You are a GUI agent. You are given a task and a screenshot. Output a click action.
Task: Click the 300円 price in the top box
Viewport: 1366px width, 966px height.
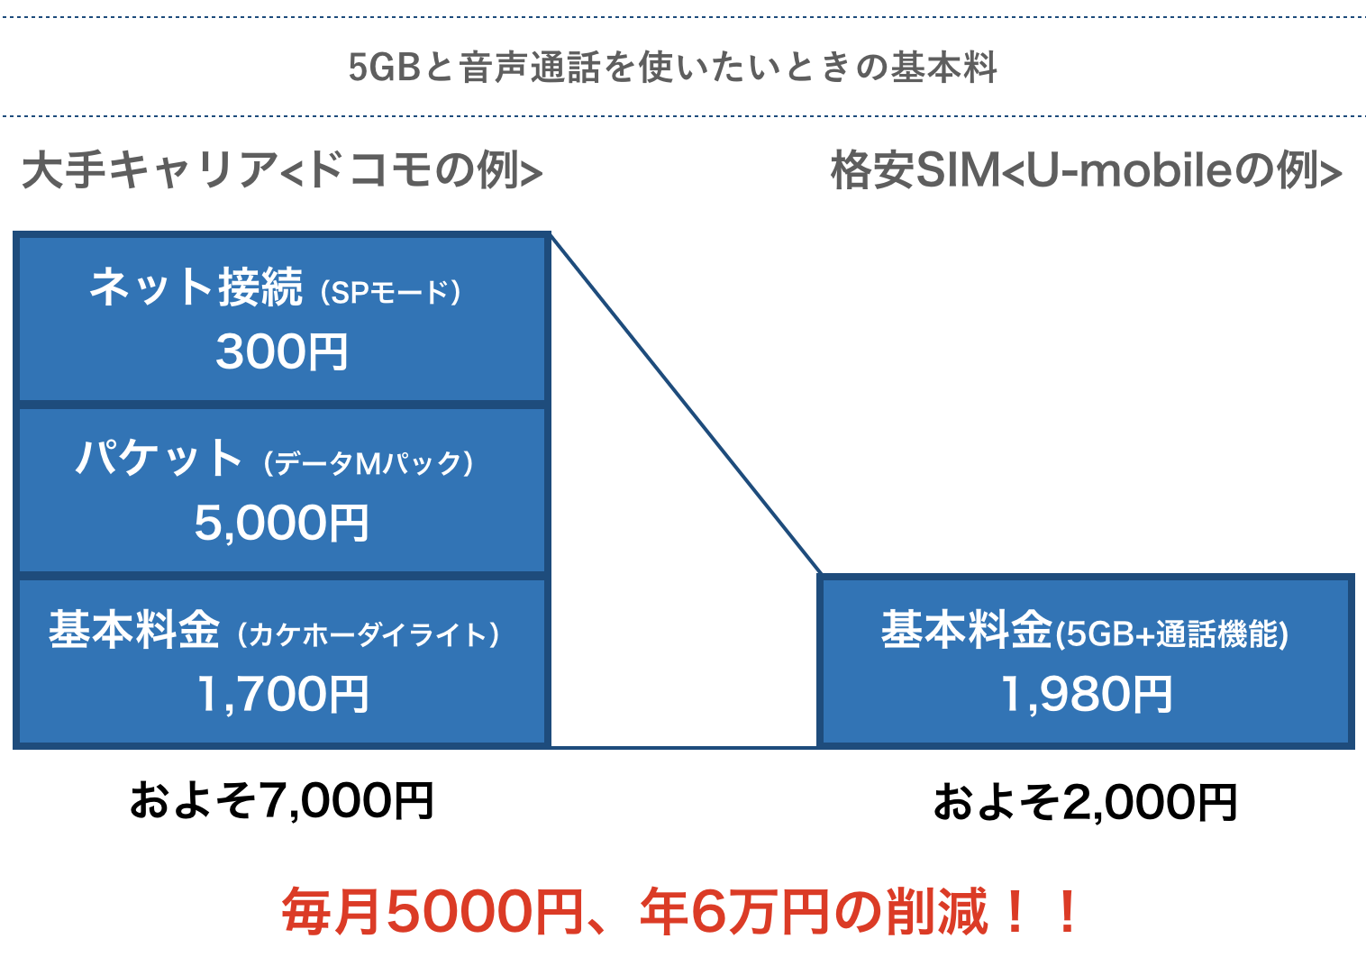282,351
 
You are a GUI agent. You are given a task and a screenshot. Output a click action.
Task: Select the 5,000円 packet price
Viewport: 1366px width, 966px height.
282,523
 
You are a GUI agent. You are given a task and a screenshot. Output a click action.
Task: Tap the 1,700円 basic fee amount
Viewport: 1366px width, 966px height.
282,695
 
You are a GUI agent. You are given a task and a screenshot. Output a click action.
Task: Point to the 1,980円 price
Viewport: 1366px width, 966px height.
1087,695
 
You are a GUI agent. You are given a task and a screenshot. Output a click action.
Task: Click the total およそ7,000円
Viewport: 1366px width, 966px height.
282,801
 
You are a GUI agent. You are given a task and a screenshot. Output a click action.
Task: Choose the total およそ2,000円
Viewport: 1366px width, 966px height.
1086,802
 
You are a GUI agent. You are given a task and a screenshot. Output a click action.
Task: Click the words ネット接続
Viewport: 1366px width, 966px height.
196,287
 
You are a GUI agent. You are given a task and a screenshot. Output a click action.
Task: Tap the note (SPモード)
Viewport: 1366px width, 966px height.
391,292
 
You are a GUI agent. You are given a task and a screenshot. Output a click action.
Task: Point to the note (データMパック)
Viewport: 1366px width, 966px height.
369,463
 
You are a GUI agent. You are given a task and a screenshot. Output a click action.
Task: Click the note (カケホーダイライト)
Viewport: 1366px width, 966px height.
369,634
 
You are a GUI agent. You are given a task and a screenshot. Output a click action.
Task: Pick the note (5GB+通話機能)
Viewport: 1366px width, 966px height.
1172,634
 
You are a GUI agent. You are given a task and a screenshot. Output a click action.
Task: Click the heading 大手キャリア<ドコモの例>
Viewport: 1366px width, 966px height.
282,170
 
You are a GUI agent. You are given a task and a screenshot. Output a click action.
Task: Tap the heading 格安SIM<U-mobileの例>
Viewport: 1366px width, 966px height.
1086,170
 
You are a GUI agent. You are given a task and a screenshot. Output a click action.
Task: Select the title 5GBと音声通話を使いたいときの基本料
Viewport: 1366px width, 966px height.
673,68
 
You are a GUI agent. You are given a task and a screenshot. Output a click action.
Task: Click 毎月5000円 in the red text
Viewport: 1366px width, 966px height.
433,912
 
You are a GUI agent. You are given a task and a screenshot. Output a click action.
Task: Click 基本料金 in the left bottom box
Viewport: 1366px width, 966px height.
134,630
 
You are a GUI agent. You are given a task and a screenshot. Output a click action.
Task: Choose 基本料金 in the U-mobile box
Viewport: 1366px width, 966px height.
967,630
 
